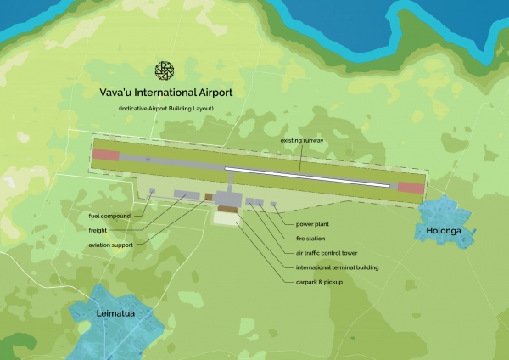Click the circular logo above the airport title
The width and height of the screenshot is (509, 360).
163,71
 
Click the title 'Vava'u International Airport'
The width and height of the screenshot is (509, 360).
163,93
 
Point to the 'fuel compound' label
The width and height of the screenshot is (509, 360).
110,216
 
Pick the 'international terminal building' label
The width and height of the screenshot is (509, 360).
337,267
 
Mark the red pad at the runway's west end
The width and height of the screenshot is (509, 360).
106,155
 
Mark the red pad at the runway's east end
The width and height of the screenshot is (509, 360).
411,188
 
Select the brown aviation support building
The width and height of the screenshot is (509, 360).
208,198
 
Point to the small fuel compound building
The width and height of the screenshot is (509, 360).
152,191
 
